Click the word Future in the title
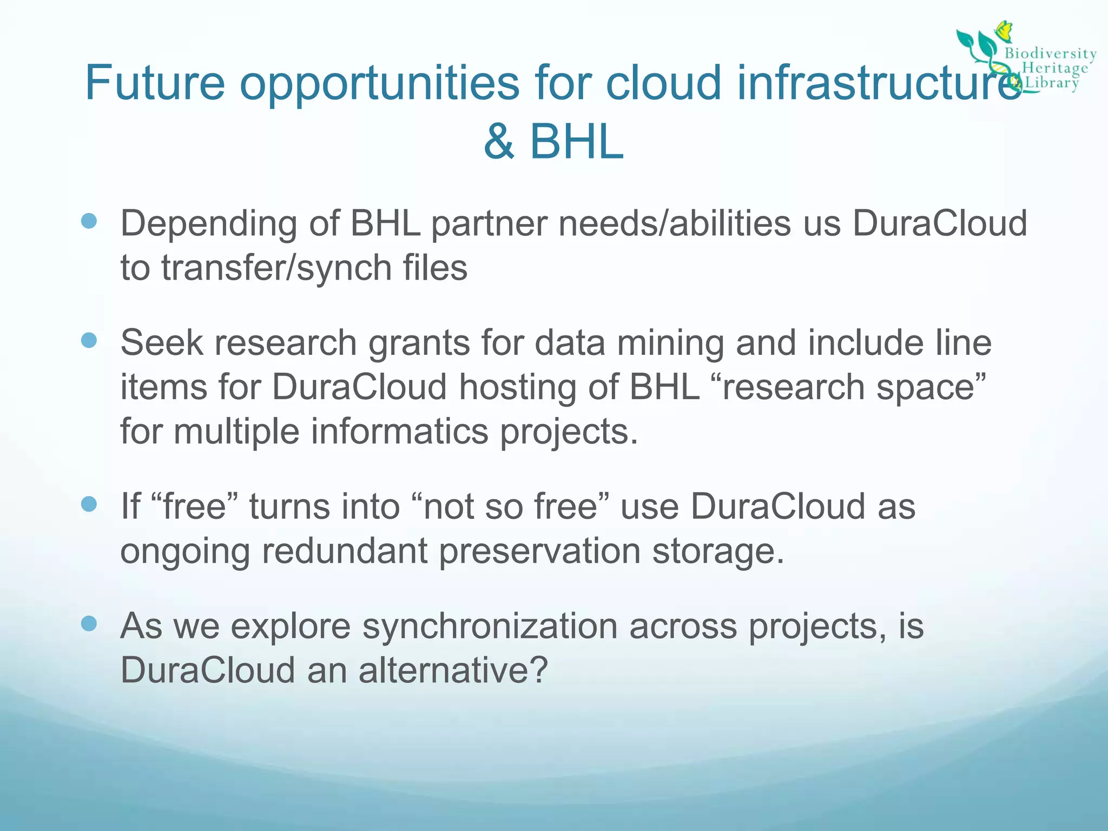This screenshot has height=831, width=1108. tap(155, 83)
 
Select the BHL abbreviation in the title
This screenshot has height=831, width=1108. tap(577, 142)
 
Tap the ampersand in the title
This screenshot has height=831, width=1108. tap(499, 142)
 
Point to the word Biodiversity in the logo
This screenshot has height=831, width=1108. tap(1050, 54)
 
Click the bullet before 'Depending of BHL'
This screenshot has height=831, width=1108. tap(89, 221)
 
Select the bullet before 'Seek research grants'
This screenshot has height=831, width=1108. tap(89, 340)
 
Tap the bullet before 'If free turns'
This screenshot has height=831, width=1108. tap(89, 504)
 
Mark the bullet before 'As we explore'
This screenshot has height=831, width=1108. tap(89, 624)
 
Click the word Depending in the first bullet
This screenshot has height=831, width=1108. tap(208, 224)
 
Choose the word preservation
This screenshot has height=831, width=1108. tap(539, 551)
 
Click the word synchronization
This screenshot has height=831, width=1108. tap(490, 627)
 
